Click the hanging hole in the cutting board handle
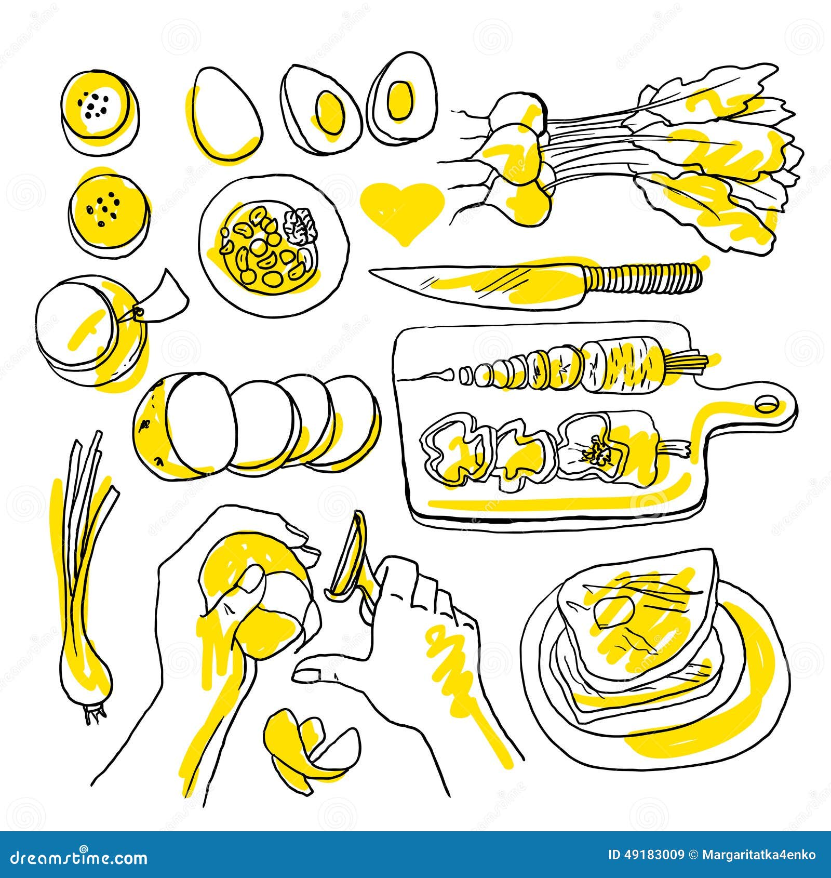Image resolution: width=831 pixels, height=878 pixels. [x=767, y=403]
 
